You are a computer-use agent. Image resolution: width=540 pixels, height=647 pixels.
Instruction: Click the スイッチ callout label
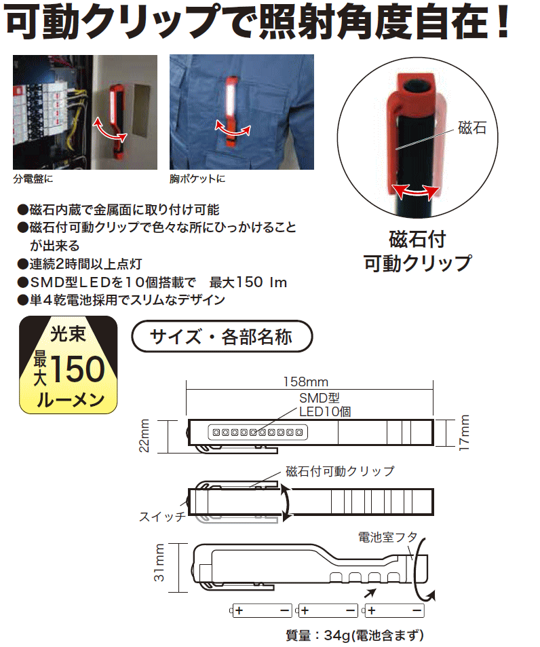coord(161,517)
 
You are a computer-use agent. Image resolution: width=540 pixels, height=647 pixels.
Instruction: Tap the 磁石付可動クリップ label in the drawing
coord(340,470)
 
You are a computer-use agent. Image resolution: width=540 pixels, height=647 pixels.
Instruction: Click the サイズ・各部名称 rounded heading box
coord(221,336)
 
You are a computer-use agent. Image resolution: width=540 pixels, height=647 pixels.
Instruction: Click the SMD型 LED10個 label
coord(324,405)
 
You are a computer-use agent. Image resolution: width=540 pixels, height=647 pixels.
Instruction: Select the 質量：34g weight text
coord(354,636)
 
